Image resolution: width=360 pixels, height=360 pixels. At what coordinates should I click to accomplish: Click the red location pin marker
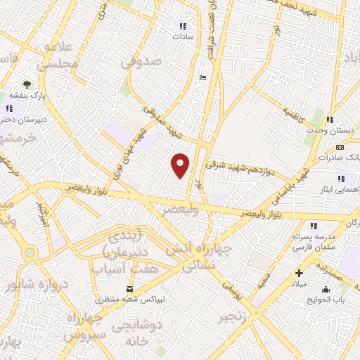click(x=181, y=165)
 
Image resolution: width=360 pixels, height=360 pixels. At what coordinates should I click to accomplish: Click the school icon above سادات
click(x=184, y=27)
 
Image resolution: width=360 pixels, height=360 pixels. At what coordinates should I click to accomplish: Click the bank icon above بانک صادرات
click(x=340, y=147)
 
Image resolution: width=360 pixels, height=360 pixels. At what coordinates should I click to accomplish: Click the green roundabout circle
click(x=30, y=252)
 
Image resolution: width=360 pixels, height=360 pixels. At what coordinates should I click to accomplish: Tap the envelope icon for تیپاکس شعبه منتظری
click(x=129, y=289)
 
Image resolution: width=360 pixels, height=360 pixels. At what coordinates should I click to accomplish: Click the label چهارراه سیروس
click(x=84, y=326)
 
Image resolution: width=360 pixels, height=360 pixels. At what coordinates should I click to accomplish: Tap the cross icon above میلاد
click(x=300, y=273)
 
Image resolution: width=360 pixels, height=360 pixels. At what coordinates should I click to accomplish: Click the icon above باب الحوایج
click(x=325, y=289)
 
